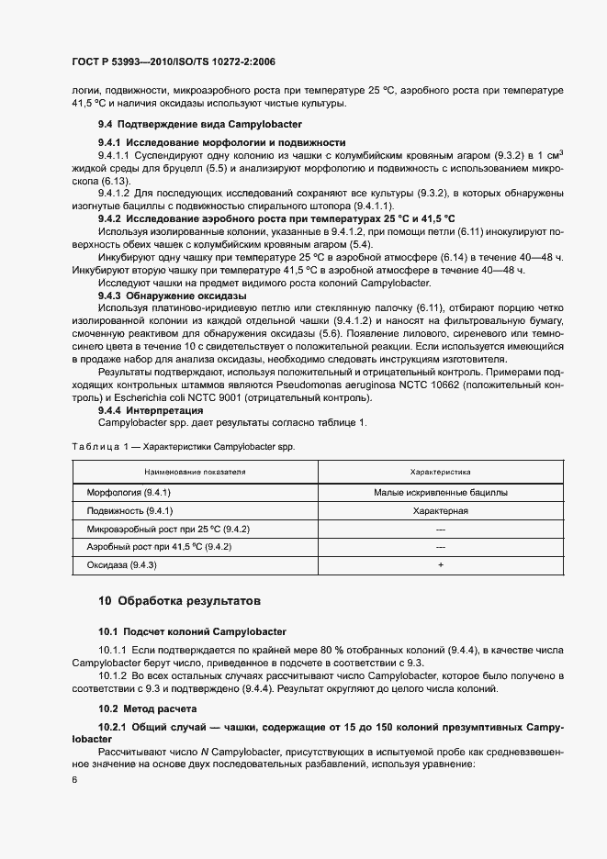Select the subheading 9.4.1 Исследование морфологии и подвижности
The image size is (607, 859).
[x=221, y=142]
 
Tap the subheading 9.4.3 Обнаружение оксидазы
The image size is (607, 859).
[x=172, y=296]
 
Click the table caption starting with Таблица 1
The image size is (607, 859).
[x=187, y=445]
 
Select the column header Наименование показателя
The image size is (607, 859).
[x=195, y=472]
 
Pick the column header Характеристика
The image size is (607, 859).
[x=440, y=472]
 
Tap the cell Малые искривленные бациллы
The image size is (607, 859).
[x=440, y=493]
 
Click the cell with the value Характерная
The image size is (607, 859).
[x=440, y=511]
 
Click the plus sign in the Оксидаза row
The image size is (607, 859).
[x=440, y=565]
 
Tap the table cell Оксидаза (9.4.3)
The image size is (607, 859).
[x=122, y=565]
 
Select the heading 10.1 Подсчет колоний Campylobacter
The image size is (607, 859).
[x=193, y=631]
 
